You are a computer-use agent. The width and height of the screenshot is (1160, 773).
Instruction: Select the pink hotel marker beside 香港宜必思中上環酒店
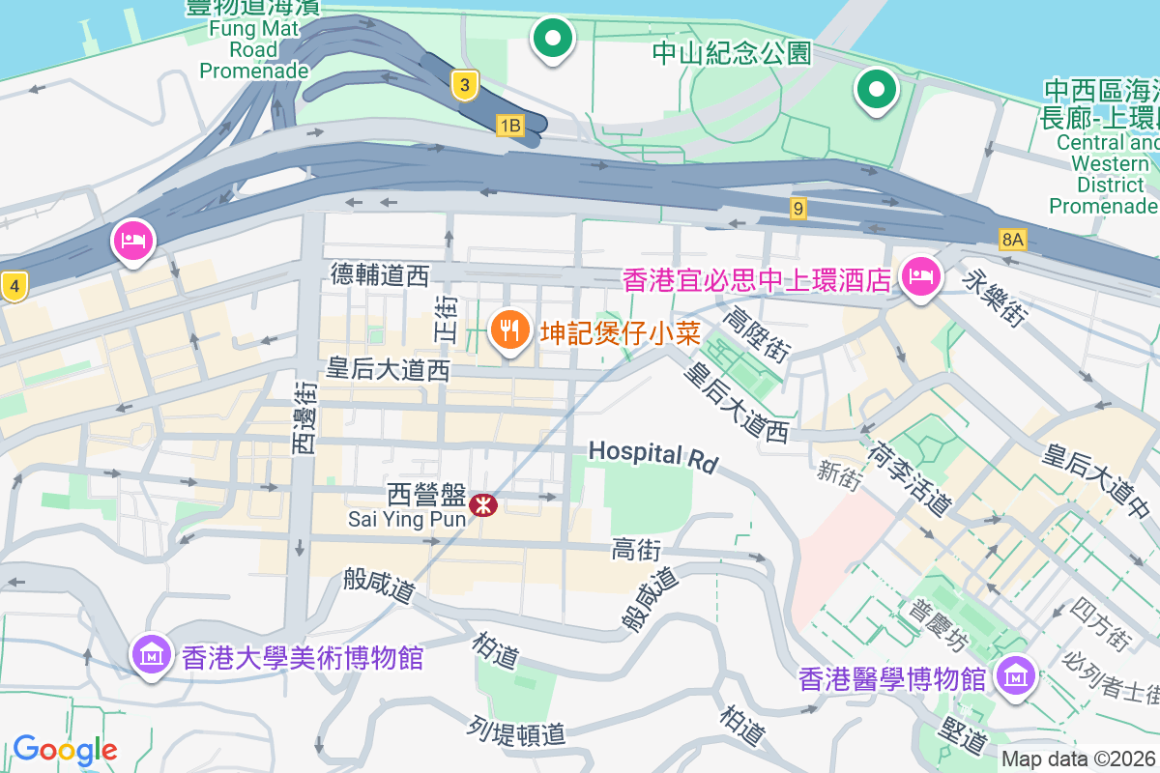[919, 278]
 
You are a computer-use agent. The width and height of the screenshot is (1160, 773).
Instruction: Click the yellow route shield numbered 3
[465, 86]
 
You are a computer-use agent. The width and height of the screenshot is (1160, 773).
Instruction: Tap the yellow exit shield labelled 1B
[509, 126]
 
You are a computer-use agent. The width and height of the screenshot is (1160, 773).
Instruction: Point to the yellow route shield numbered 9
[797, 208]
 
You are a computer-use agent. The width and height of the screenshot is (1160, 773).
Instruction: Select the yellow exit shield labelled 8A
[1012, 239]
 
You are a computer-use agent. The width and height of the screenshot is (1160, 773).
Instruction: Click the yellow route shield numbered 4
[14, 286]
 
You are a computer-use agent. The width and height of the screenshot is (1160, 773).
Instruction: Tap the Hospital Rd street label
[653, 455]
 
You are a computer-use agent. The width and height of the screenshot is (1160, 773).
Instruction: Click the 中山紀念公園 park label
[732, 52]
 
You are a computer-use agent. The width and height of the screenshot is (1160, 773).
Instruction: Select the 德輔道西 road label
[379, 275]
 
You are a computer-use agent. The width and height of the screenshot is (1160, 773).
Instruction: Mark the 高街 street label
[636, 550]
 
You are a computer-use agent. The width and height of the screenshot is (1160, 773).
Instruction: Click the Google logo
[65, 750]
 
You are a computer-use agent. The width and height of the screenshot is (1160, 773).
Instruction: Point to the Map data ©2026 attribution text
[1078, 759]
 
